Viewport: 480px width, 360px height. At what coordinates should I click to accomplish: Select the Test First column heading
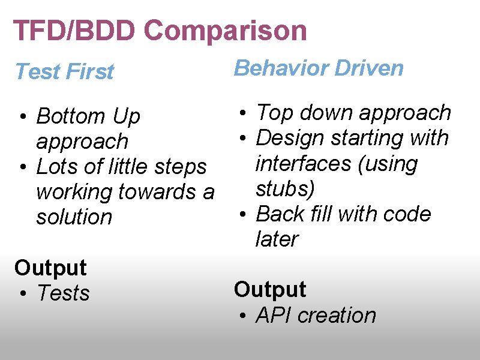pos(64,71)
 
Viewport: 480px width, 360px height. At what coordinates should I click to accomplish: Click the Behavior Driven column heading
pos(319,68)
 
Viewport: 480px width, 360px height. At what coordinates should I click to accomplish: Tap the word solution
pos(74,217)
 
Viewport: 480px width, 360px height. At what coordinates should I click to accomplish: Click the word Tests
pos(63,293)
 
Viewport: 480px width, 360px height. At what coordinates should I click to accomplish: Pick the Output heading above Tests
pos(50,268)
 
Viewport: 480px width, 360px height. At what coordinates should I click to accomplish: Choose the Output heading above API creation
pos(270,290)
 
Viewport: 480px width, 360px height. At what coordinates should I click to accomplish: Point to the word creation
pos(337,316)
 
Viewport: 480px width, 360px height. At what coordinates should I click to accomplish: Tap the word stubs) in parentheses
pos(285,188)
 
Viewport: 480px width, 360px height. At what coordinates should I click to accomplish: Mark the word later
pos(277,239)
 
